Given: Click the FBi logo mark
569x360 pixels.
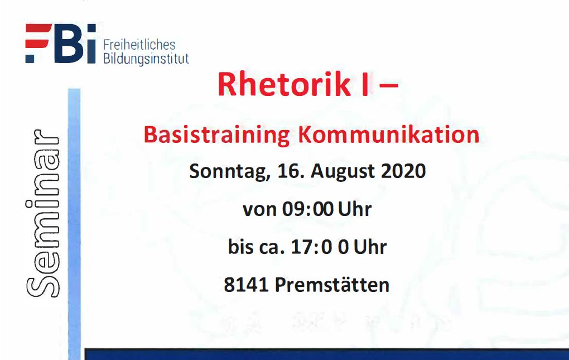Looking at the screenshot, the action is click(61, 44).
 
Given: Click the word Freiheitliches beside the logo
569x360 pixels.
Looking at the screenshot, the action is click(139, 45).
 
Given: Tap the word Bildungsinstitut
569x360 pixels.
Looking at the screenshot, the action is click(146, 59).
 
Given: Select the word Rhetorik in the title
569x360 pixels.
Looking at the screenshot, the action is click(284, 84).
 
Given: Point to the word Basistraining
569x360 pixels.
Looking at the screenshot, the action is click(216, 136).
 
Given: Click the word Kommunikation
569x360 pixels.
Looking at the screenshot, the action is click(389, 135).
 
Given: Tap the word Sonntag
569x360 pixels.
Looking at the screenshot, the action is click(230, 171).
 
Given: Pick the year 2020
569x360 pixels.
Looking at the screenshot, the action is click(403, 171).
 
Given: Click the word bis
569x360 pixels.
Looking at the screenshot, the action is click(240, 247).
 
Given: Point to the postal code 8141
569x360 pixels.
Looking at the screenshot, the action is click(246, 285).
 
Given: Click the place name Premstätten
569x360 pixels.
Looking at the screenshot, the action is click(332, 285).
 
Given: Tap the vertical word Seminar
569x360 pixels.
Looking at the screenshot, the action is click(42, 213).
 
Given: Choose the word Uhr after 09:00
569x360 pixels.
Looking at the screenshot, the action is click(355, 209).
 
